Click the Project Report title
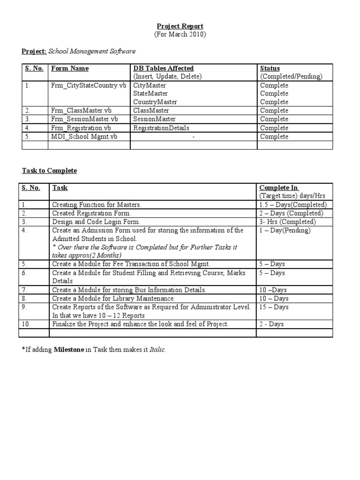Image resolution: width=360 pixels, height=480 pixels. (180, 26)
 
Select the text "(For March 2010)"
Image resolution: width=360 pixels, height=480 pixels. (180, 35)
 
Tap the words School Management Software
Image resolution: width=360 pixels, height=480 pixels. (92, 51)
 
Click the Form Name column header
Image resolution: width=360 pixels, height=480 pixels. (70, 68)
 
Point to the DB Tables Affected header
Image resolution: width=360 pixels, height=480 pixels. (163, 68)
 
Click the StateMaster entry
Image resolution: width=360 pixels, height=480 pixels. (150, 94)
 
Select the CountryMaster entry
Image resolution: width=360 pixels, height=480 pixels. (153, 102)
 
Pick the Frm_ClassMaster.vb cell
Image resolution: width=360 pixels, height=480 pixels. (82, 111)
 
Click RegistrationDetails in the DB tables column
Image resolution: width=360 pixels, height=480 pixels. (161, 127)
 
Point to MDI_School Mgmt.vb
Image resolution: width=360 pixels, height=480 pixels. (84, 136)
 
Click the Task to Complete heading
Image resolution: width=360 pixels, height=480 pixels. (49, 171)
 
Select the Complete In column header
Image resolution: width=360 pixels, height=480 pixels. (279, 187)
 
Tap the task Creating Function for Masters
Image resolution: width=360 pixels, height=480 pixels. (97, 205)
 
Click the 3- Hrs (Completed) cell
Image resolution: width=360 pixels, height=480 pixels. (287, 222)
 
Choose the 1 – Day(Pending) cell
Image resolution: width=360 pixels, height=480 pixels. (285, 230)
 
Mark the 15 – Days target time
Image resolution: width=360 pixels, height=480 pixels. (274, 307)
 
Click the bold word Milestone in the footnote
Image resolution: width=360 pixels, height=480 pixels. (69, 350)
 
